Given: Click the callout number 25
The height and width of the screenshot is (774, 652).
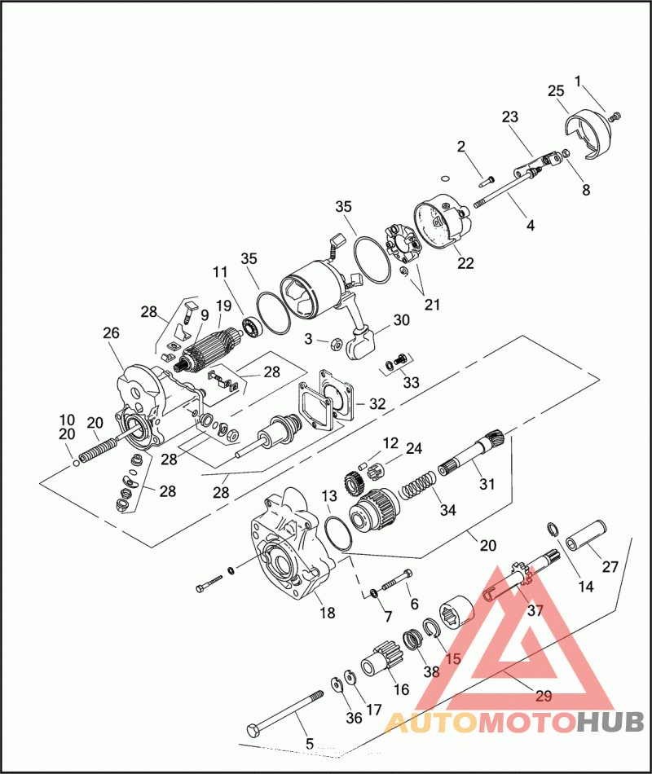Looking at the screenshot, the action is click(x=556, y=90).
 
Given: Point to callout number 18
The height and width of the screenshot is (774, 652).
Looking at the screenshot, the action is click(x=328, y=613).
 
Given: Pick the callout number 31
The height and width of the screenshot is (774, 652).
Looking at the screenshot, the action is click(x=487, y=484).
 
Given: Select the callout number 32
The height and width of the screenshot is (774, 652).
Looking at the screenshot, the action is click(x=377, y=404).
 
